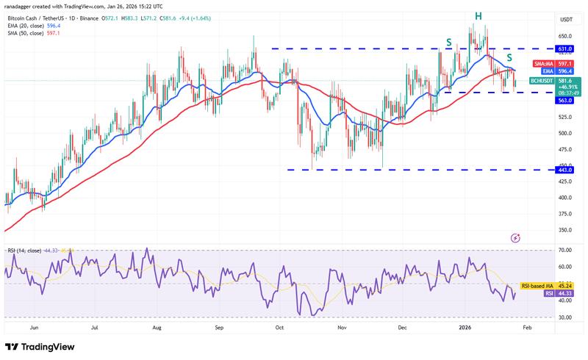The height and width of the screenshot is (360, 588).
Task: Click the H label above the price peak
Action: (x=478, y=15)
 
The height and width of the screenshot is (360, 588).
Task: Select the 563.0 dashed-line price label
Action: (x=565, y=100)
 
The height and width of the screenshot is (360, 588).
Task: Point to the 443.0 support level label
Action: (x=565, y=170)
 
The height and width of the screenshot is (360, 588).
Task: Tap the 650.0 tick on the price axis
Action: (x=564, y=36)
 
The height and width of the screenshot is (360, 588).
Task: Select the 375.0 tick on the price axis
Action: (x=564, y=214)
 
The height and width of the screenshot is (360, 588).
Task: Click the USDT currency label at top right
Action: (x=566, y=20)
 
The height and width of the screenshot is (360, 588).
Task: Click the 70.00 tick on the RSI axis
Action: (x=564, y=251)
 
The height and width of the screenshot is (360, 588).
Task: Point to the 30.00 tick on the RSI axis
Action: (x=564, y=317)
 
